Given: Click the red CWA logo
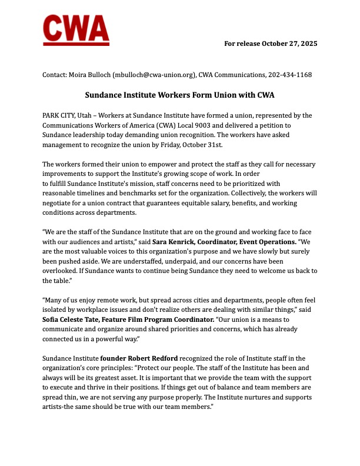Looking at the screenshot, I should [x=76, y=31].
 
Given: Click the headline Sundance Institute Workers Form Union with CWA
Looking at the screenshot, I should [x=179, y=94].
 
